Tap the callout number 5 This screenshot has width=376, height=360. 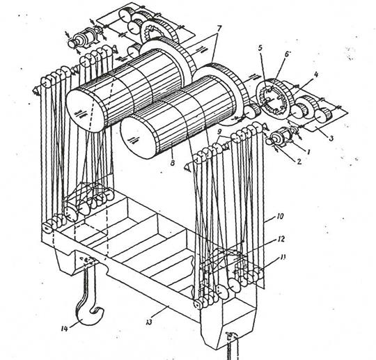tap(260, 48)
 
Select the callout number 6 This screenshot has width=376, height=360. tap(286, 54)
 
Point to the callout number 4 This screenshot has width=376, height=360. tap(316, 75)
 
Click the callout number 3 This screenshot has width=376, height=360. tap(331, 138)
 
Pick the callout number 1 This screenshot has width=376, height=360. tap(309, 152)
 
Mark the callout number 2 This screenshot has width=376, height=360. tap(299, 162)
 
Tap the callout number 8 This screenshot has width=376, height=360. tap(173, 163)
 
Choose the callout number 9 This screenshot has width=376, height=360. tap(219, 132)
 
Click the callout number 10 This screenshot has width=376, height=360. tap(280, 216)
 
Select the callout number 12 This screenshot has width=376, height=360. tap(281, 239)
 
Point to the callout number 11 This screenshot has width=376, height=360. tap(283, 258)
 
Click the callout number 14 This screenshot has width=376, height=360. tap(64, 329)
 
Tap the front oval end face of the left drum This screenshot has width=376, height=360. tap(86, 110)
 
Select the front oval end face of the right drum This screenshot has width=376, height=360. tap(139, 137)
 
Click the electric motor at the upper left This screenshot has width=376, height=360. tap(83, 40)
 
